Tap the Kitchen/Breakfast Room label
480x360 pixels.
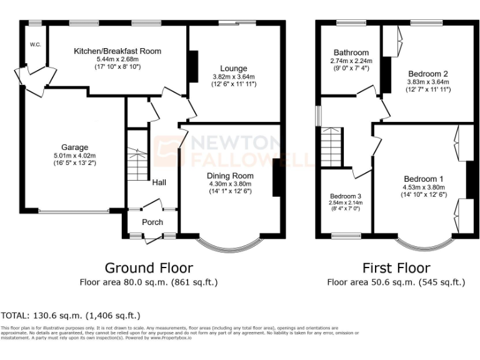[x=117, y=51]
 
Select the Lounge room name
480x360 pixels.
[x=233, y=69]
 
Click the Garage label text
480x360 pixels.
[x=74, y=147]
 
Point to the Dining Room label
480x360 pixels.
[x=230, y=176]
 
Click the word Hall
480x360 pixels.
[x=159, y=182]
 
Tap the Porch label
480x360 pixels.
[x=152, y=222]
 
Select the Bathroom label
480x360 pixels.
[x=351, y=53]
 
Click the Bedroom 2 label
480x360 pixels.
[x=428, y=73]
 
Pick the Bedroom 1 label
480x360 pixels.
[x=424, y=177]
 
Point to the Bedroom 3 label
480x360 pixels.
[x=346, y=195]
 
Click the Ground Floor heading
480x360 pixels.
[x=148, y=268]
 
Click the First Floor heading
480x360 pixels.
[x=396, y=268]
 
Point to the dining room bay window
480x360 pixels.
[x=229, y=242]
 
